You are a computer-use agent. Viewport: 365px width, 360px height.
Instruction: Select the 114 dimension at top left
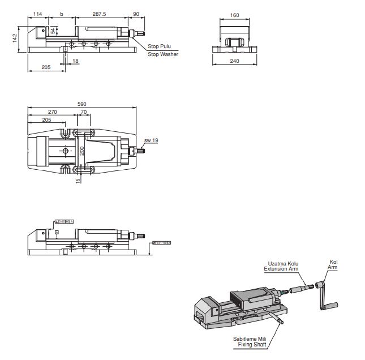point(38,14)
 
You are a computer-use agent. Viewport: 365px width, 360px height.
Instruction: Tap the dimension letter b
point(61,14)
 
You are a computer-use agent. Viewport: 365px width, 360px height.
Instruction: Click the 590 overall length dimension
point(82,104)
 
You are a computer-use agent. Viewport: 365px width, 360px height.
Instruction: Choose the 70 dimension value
point(84,112)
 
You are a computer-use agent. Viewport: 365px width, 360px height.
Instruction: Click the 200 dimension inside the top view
point(82,151)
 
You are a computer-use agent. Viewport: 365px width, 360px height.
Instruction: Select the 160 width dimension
point(235,15)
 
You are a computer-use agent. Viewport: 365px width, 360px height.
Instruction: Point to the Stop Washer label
point(163,54)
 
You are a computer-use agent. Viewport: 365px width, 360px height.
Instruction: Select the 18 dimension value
point(76,61)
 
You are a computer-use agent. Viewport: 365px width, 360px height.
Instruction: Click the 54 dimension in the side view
point(53,31)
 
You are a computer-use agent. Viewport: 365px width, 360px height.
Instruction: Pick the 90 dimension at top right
point(136,14)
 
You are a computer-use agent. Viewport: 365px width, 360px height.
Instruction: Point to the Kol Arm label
point(333,264)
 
